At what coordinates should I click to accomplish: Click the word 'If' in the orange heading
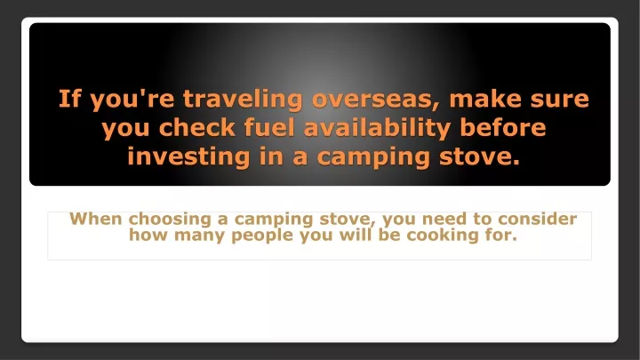pyautogui.click(x=70, y=99)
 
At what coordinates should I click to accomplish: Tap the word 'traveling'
pyautogui.click(x=243, y=100)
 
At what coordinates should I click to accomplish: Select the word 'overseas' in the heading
pyautogui.click(x=375, y=100)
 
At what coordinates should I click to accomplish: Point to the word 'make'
pyautogui.click(x=485, y=99)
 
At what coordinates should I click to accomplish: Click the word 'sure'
pyautogui.click(x=560, y=100)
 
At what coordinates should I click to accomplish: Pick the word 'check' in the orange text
pyautogui.click(x=196, y=128)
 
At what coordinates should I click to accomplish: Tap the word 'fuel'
pyautogui.click(x=269, y=128)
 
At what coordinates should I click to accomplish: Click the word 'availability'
pyautogui.click(x=377, y=129)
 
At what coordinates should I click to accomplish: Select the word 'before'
pyautogui.click(x=503, y=128)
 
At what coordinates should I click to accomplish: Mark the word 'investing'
pyautogui.click(x=188, y=157)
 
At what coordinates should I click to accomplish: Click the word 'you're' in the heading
pyautogui.click(x=132, y=100)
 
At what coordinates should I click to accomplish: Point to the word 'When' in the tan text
pyautogui.click(x=96, y=219)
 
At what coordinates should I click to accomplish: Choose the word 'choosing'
pyautogui.click(x=170, y=220)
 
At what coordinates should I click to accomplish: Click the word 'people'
pyautogui.click(x=262, y=236)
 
